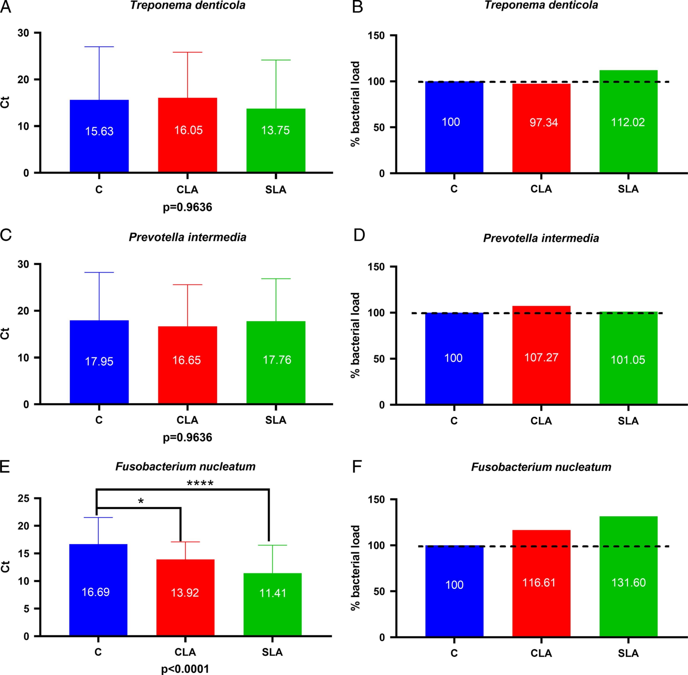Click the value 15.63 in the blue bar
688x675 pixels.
pos(99,131)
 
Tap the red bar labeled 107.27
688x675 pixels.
pos(541,355)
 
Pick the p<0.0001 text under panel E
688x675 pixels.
pos(185,669)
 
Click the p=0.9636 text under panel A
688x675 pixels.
pos(187,207)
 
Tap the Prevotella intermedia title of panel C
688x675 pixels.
pos(187,237)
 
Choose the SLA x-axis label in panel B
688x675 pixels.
pos(628,189)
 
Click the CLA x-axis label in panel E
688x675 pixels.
pos(185,652)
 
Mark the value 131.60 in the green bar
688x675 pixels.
pos(628,582)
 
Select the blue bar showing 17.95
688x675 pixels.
pos(99,362)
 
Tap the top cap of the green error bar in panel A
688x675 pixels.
pos(276,60)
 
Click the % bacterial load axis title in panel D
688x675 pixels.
pos(355,335)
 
